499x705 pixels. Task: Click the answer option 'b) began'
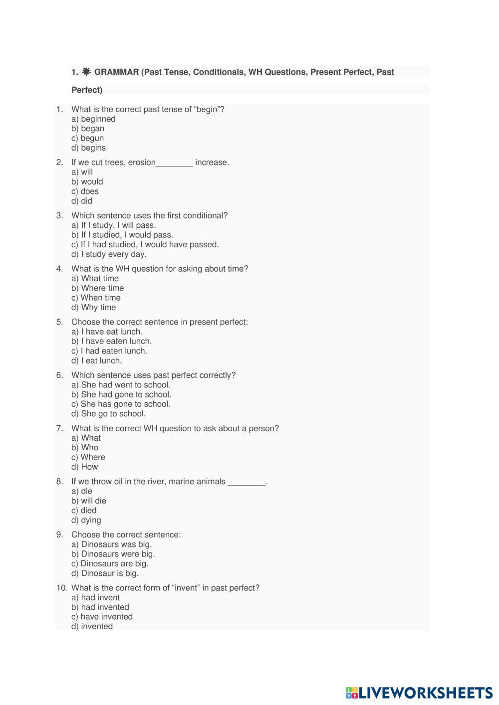click(88, 129)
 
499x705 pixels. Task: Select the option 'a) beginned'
click(93, 119)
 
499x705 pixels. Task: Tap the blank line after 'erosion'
click(174, 163)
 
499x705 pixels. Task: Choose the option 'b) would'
click(87, 182)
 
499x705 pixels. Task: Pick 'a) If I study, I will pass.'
click(114, 225)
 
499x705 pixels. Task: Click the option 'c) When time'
click(96, 298)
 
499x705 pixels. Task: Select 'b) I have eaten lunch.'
click(112, 342)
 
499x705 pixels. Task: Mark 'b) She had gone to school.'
click(121, 395)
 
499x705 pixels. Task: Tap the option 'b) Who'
click(85, 448)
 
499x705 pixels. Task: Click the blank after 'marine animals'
click(246, 482)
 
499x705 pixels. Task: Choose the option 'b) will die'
click(89, 501)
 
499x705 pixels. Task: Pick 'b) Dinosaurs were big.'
click(113, 554)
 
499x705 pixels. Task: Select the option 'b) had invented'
click(100, 607)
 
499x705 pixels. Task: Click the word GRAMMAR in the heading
click(116, 72)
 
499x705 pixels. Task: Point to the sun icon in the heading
click(86, 72)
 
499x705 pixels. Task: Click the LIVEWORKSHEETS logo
click(419, 693)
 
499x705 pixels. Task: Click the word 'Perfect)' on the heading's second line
click(87, 90)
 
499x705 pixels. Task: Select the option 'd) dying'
click(86, 521)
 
